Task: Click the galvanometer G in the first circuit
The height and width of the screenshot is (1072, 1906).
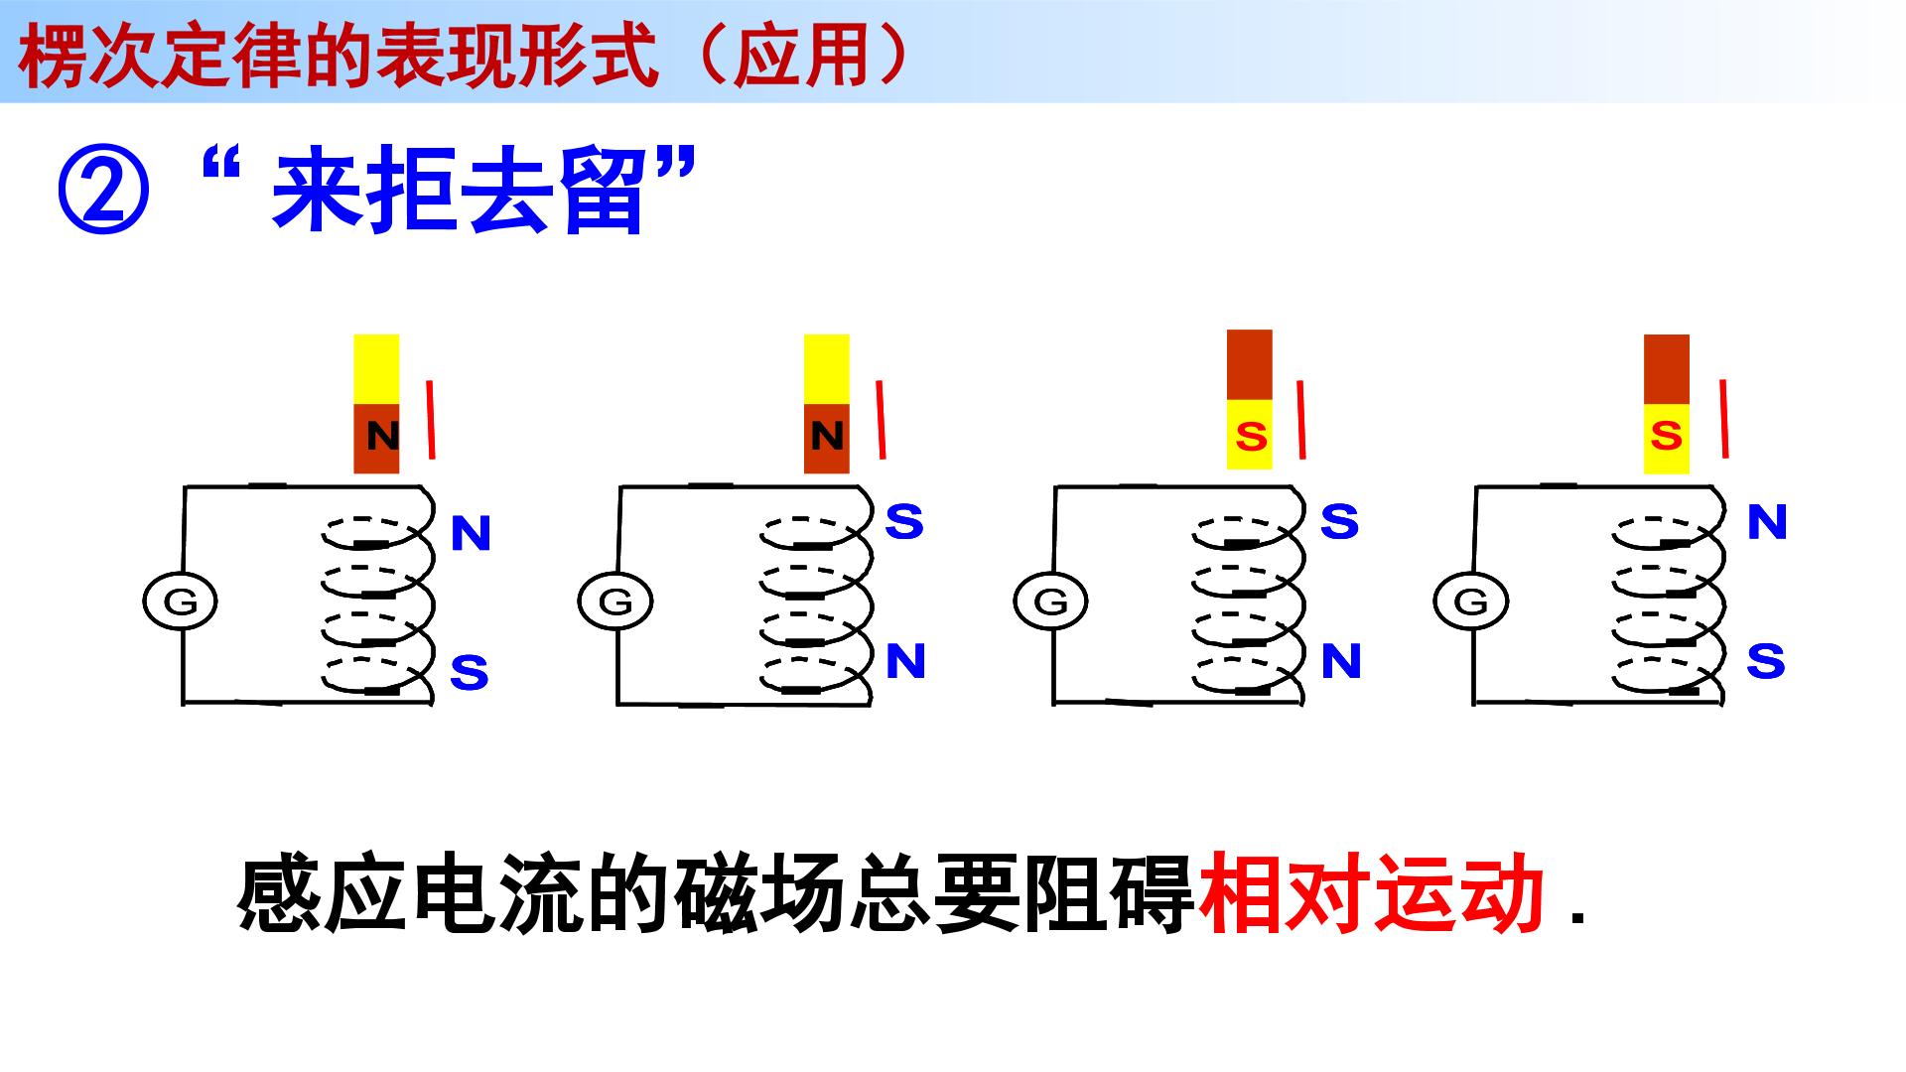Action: (x=180, y=602)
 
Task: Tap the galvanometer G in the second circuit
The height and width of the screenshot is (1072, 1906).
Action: (x=615, y=602)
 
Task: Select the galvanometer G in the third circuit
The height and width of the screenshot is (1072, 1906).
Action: (x=1050, y=602)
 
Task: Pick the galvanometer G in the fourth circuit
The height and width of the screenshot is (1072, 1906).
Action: (x=1470, y=602)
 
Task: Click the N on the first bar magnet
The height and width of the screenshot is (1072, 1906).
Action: (x=382, y=436)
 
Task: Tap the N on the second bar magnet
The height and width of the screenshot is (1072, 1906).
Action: (x=827, y=436)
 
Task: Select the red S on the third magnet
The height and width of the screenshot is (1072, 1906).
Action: (x=1251, y=436)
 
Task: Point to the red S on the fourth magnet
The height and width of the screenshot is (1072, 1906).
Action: (x=1667, y=436)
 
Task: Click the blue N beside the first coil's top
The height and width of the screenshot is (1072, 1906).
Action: (x=471, y=534)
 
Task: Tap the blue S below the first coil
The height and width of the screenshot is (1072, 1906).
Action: (x=469, y=673)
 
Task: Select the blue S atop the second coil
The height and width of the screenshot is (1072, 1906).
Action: (x=904, y=521)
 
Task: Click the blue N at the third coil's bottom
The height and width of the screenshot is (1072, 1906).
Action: (x=1341, y=661)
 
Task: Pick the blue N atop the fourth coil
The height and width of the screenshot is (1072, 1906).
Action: (x=1767, y=522)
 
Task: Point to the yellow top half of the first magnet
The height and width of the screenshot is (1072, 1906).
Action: (x=376, y=369)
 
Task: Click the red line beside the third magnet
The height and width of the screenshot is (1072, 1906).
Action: (x=1300, y=419)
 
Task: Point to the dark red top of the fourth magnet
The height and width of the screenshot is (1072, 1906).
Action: (x=1667, y=369)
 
